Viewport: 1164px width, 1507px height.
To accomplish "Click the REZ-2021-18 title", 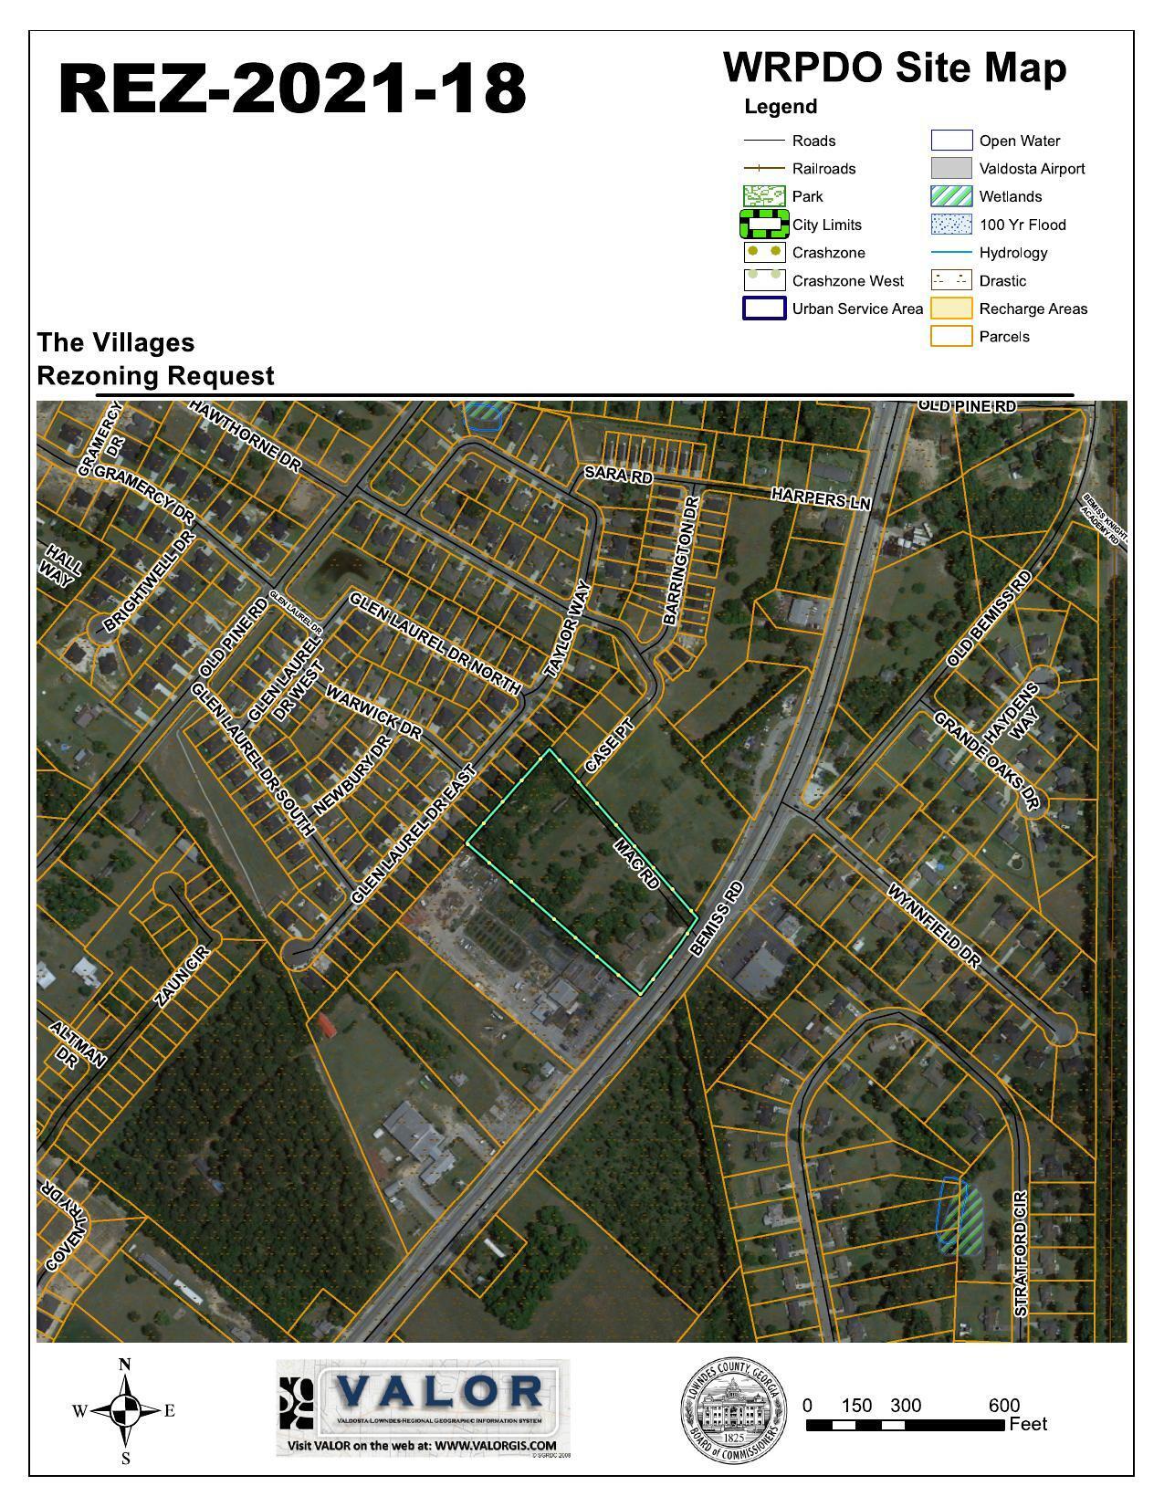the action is click(292, 89).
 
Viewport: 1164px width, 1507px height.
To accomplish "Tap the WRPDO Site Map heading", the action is click(894, 68).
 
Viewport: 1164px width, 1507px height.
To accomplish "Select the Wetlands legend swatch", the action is click(950, 196).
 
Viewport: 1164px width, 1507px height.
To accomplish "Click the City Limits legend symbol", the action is click(764, 224).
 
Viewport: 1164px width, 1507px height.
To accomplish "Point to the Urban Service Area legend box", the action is click(764, 309).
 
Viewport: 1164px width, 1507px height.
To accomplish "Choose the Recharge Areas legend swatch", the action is click(950, 309).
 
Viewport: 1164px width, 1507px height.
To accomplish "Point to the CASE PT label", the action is click(609, 748).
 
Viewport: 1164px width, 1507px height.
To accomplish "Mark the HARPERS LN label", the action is click(821, 498).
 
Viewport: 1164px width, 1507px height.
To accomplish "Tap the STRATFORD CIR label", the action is click(1021, 1252).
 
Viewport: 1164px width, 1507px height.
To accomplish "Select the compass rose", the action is click(125, 1411).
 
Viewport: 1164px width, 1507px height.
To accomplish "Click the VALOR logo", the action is click(424, 1406).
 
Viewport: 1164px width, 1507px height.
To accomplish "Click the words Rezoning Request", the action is click(155, 376).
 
